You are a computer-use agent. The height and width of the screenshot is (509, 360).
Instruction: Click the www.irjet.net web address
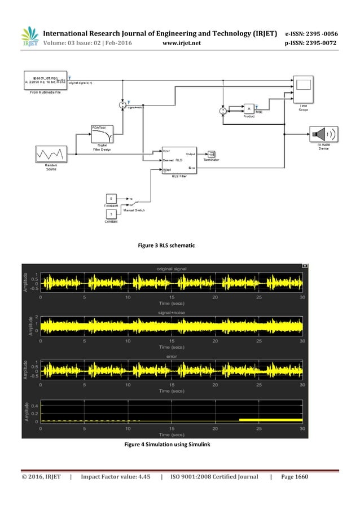point(179,42)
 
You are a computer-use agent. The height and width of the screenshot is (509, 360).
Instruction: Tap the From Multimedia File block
point(45,81)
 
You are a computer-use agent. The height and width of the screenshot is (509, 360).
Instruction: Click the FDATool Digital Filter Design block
point(102,134)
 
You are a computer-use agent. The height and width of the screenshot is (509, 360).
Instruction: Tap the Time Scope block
point(303,87)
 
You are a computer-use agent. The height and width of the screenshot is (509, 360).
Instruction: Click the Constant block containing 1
point(111,214)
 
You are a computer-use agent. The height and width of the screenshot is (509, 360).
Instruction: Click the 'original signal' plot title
point(172,269)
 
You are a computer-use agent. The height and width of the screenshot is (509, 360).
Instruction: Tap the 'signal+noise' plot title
point(172,311)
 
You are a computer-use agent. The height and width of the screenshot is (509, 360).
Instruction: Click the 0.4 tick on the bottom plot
point(34,406)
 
